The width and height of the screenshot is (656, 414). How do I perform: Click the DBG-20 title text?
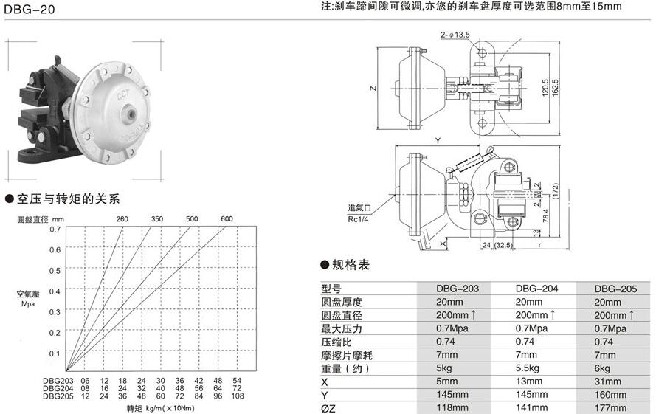[x=27, y=10]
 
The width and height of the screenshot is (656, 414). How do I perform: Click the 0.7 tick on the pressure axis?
[x=55, y=230]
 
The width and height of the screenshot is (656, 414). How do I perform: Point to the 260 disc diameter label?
[x=122, y=219]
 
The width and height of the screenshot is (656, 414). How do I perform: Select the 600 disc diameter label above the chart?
[x=226, y=219]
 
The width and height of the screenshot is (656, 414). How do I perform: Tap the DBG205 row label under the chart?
[x=57, y=395]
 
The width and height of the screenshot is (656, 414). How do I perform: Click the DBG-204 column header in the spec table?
[x=536, y=289]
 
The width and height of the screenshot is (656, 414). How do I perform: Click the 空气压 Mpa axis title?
[x=29, y=297]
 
